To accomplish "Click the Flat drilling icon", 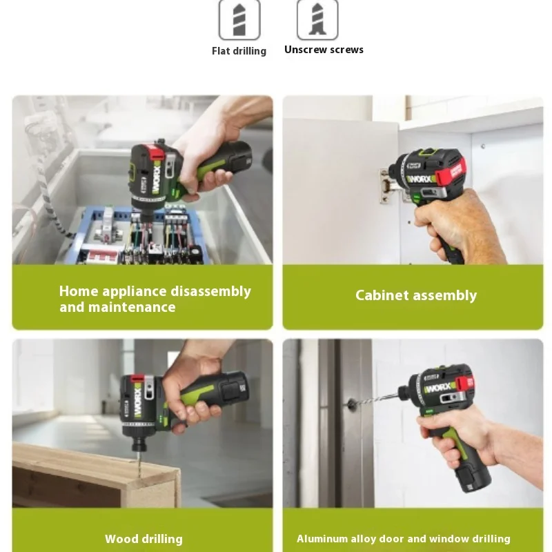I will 239,19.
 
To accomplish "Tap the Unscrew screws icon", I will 317,19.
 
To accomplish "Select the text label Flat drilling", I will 239,51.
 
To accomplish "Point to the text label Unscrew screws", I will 324,50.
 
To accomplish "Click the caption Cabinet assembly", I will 416,295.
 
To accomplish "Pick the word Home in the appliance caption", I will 79,291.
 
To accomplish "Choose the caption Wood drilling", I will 144,539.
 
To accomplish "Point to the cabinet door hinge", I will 385,185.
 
